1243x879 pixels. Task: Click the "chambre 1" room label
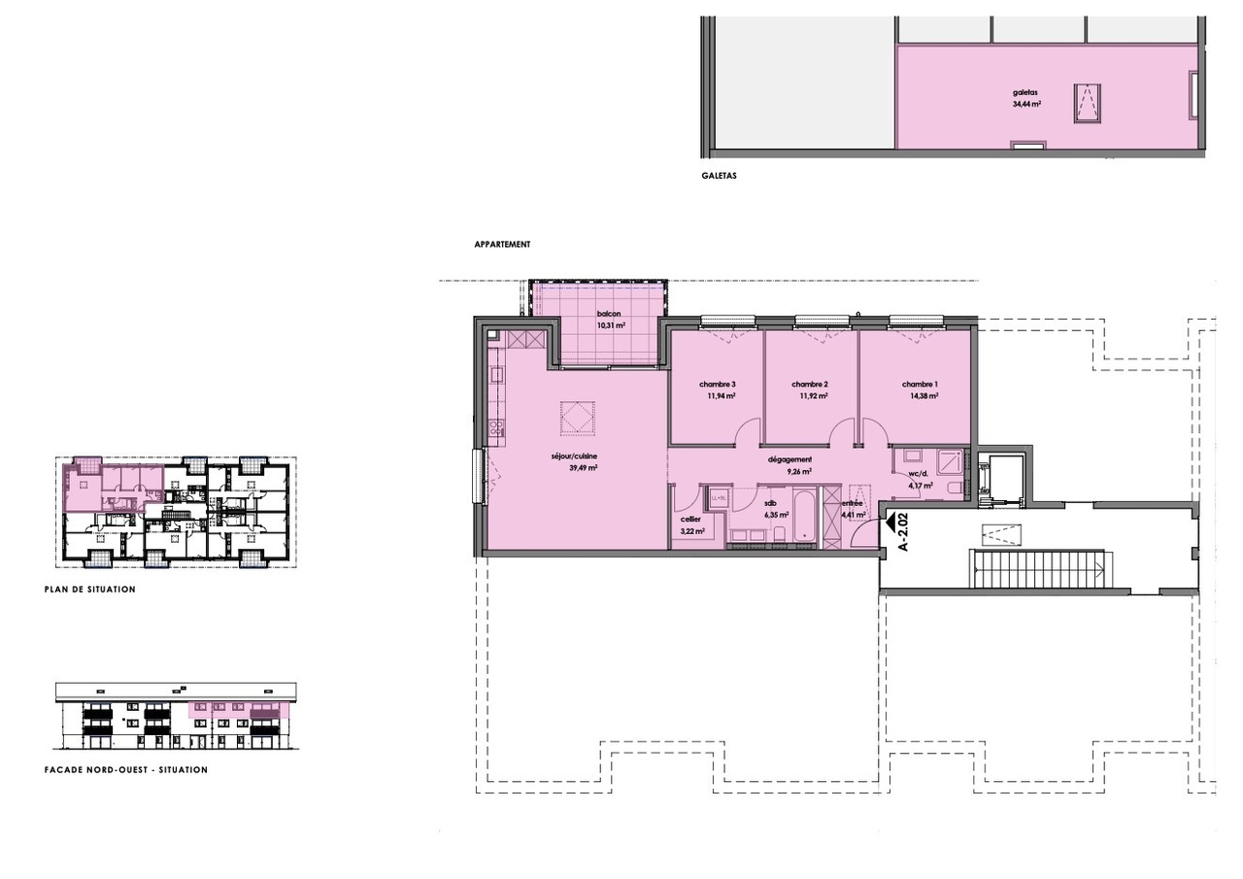click(x=920, y=384)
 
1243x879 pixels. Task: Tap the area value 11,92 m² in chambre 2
click(x=814, y=396)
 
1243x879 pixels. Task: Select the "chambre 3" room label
click(x=717, y=384)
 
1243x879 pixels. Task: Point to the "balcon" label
click(x=609, y=314)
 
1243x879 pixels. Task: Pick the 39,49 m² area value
click(x=583, y=467)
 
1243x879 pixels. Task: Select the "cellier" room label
click(x=691, y=520)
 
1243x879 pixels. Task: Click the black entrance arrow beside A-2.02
click(x=889, y=523)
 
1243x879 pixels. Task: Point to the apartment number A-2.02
click(x=902, y=532)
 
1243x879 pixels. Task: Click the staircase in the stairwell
click(x=1038, y=569)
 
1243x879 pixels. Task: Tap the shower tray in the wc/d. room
click(x=948, y=462)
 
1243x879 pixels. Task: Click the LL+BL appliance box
click(x=720, y=499)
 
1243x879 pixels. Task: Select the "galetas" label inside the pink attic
click(x=1025, y=93)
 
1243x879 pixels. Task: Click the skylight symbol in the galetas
click(x=1087, y=103)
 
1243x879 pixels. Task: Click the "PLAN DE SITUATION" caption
click(x=90, y=590)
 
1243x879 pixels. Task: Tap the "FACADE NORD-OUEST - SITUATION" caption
click(x=126, y=770)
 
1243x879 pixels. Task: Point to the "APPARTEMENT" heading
click(x=502, y=245)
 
